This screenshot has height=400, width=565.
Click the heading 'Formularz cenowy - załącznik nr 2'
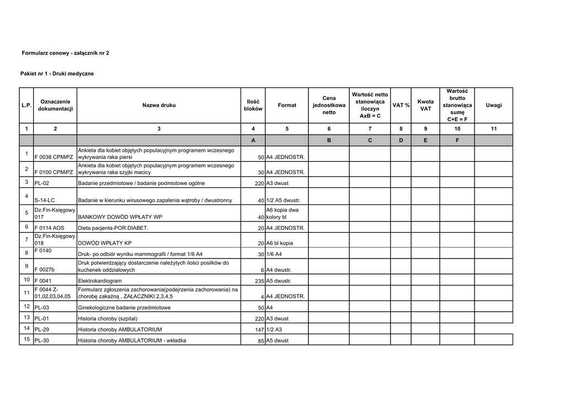(x=65, y=53)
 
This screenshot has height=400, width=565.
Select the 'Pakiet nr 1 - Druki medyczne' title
(x=57, y=73)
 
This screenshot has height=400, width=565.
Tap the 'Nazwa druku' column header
(x=159, y=105)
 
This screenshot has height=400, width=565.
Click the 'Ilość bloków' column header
(x=253, y=105)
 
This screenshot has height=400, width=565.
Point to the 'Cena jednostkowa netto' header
(x=329, y=105)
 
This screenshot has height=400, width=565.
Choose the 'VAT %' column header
(x=401, y=105)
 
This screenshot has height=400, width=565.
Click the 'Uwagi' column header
(x=494, y=105)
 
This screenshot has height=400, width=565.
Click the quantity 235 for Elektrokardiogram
(x=257, y=281)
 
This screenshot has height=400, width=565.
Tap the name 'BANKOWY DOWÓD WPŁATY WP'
(x=120, y=217)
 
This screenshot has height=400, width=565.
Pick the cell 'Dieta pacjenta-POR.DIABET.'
(x=113, y=228)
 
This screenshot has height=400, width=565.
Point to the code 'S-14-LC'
(x=45, y=201)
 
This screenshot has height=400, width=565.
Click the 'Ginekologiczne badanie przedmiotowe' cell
(x=124, y=308)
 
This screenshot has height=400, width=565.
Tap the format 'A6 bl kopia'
(x=280, y=244)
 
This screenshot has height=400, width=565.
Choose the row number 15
(x=26, y=339)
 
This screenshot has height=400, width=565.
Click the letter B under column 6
(x=329, y=140)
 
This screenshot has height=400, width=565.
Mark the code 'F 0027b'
(x=45, y=270)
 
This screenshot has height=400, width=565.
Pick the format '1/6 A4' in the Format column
(x=274, y=255)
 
